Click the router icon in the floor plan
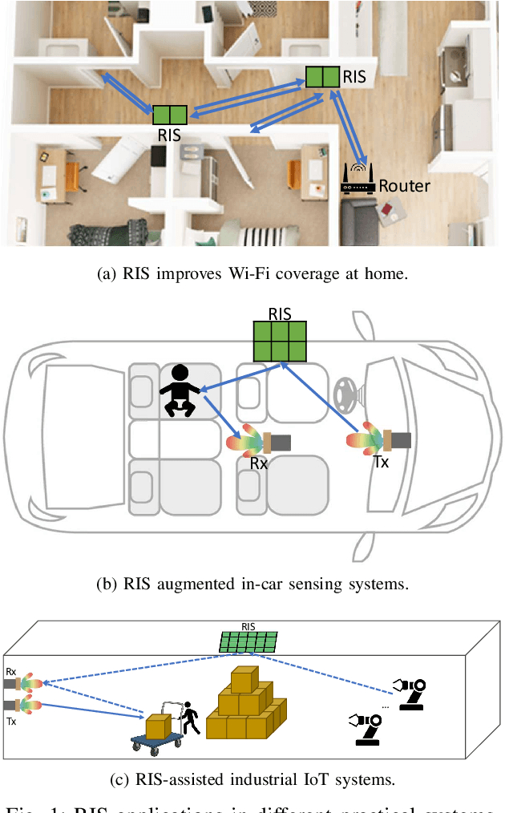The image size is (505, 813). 358,180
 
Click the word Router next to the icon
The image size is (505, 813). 404,186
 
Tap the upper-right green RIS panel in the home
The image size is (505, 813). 322,77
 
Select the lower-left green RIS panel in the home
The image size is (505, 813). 169,115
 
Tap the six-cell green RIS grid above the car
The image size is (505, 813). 280,341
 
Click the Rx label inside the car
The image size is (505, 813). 259,463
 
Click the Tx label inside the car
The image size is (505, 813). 382,463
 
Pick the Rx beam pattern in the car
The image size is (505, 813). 246,440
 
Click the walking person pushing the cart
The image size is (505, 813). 190,718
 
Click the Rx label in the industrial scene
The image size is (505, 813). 11,671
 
